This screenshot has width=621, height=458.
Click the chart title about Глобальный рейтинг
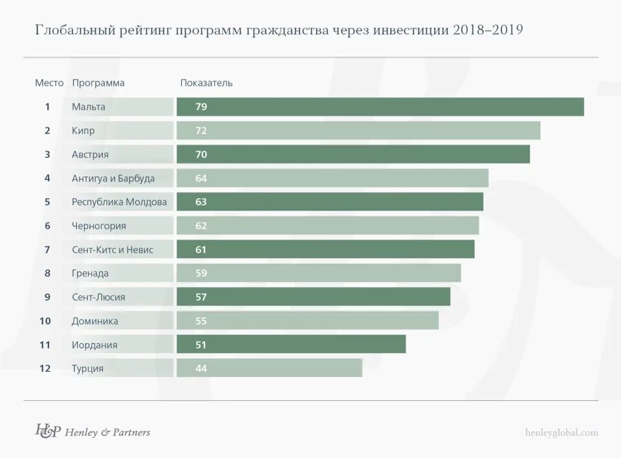(279, 30)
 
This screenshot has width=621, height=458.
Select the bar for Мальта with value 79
(380, 107)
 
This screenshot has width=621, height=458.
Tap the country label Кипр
(83, 131)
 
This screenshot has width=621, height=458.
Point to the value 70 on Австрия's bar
(201, 154)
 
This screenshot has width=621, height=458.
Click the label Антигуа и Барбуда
(113, 178)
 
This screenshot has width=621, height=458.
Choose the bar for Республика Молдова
(330, 201)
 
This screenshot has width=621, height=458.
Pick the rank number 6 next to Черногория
(47, 225)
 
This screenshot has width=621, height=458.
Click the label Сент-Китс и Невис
(113, 249)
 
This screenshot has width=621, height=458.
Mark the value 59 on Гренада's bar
(201, 273)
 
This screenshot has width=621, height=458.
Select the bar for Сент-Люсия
(313, 297)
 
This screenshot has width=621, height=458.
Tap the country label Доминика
(95, 321)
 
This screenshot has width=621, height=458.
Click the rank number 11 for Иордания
(45, 345)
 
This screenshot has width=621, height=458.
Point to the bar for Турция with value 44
(269, 368)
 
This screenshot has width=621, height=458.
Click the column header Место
(49, 83)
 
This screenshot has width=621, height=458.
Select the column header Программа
(98, 83)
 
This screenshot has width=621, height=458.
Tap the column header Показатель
(206, 83)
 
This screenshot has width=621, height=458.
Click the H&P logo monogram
(48, 431)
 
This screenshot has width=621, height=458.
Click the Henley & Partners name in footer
(108, 432)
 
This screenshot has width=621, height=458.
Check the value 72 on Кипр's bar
(201, 131)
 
